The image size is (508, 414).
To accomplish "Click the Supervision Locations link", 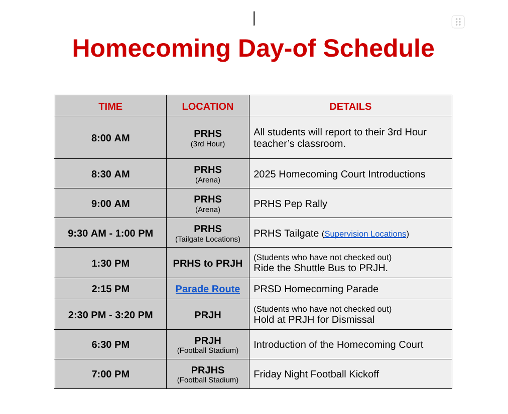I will (x=365, y=234).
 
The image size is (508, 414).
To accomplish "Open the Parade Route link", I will (x=207, y=289).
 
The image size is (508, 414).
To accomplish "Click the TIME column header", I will (x=110, y=106).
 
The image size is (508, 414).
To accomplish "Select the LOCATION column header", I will (x=207, y=106).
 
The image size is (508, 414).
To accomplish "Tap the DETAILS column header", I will (x=350, y=106).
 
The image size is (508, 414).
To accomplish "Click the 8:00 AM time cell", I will (x=110, y=138).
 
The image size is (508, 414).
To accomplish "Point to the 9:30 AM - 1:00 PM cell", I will (x=110, y=233).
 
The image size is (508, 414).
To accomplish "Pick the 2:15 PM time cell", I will (x=110, y=289).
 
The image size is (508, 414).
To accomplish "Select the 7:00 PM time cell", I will (x=110, y=374).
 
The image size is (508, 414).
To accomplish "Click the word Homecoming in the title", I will (x=151, y=48).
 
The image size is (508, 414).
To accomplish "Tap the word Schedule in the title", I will (x=378, y=48).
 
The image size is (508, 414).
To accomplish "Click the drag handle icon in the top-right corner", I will (x=458, y=22).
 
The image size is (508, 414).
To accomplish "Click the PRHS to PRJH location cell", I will (x=207, y=263).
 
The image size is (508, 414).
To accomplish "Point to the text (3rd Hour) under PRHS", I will (x=207, y=144).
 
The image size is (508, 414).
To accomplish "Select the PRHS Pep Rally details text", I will (x=290, y=203).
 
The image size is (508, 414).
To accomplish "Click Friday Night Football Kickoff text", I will (x=316, y=374).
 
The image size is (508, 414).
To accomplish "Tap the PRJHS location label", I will (x=207, y=370).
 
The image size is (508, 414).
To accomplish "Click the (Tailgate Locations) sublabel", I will (x=207, y=239).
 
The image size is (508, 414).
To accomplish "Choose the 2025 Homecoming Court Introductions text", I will (x=339, y=174).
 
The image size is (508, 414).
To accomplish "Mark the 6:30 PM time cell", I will (x=110, y=344).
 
